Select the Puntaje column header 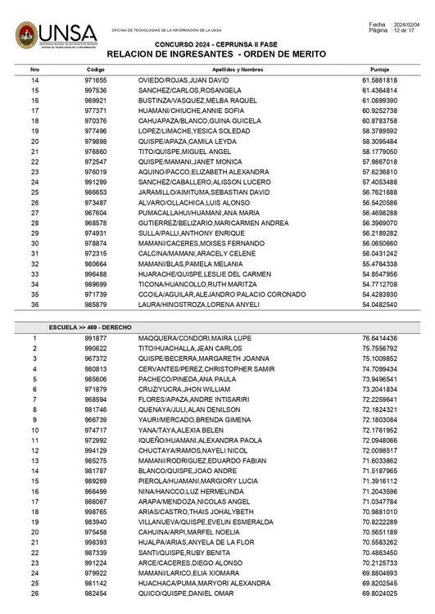click(379, 70)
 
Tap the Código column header click(95, 70)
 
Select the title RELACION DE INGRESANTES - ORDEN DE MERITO click(216, 54)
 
